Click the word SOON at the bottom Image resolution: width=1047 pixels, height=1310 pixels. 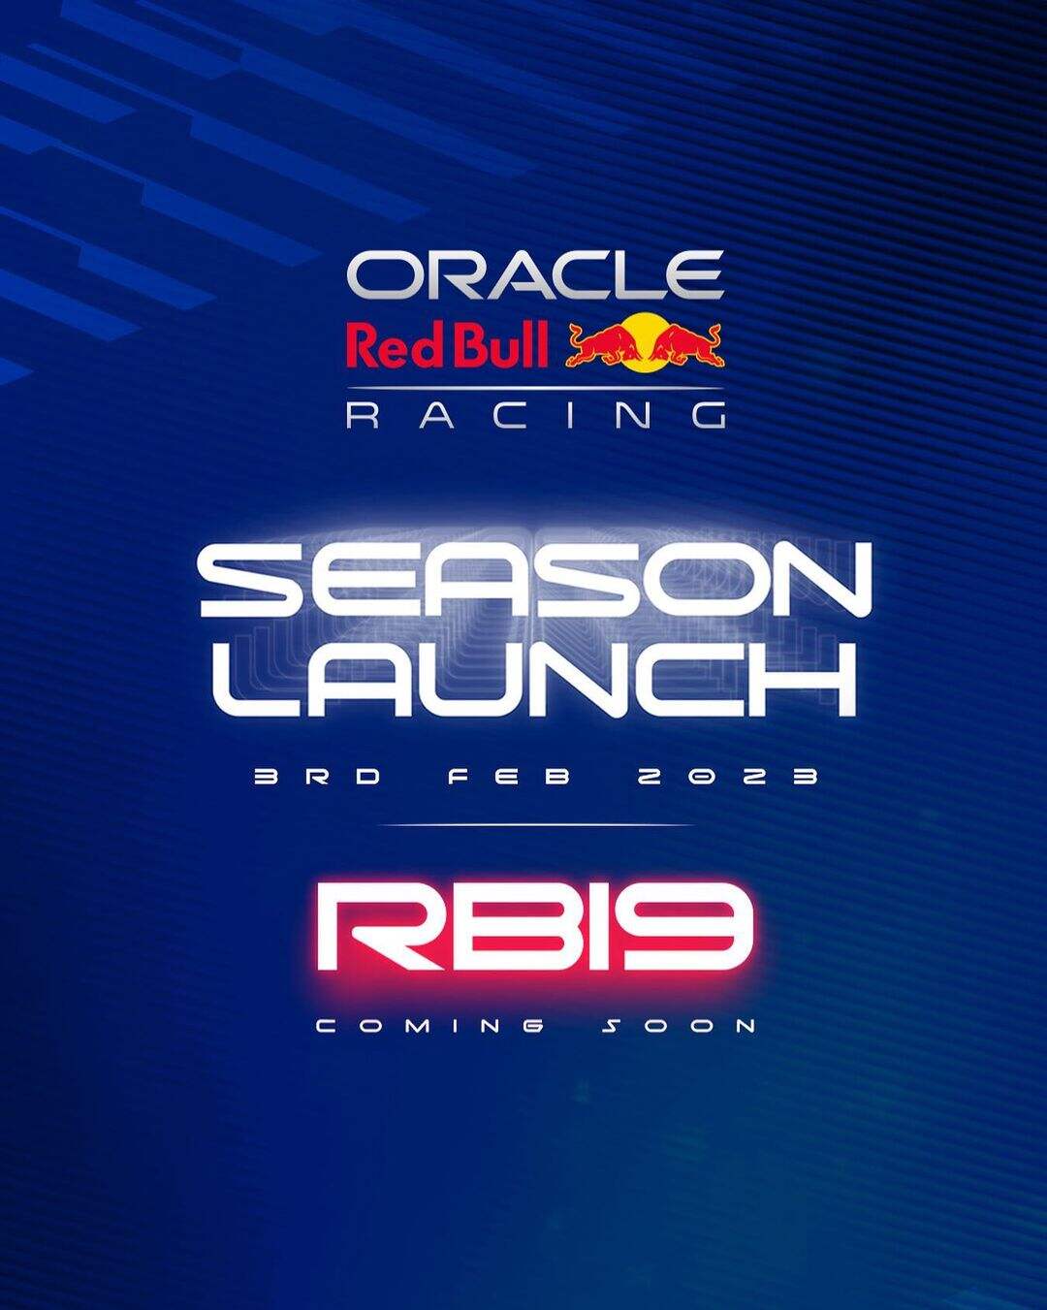[x=679, y=1026]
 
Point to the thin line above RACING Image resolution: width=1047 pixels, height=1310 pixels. [x=535, y=388]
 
